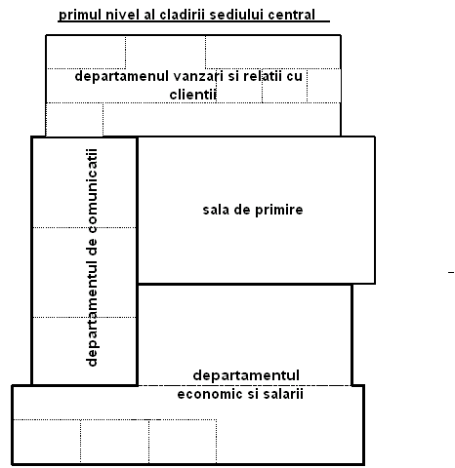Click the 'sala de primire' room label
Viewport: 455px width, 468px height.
253,210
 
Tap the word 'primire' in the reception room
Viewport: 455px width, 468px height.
279,210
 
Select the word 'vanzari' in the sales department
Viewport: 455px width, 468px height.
198,76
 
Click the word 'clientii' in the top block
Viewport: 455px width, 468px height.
193,95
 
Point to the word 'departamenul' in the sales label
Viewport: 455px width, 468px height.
122,77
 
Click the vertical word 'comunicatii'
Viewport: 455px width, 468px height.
92,191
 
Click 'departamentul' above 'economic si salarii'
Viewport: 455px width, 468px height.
246,376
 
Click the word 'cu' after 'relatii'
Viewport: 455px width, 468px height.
295,77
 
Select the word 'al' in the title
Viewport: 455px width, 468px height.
149,15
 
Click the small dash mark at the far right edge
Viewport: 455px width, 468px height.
451,272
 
